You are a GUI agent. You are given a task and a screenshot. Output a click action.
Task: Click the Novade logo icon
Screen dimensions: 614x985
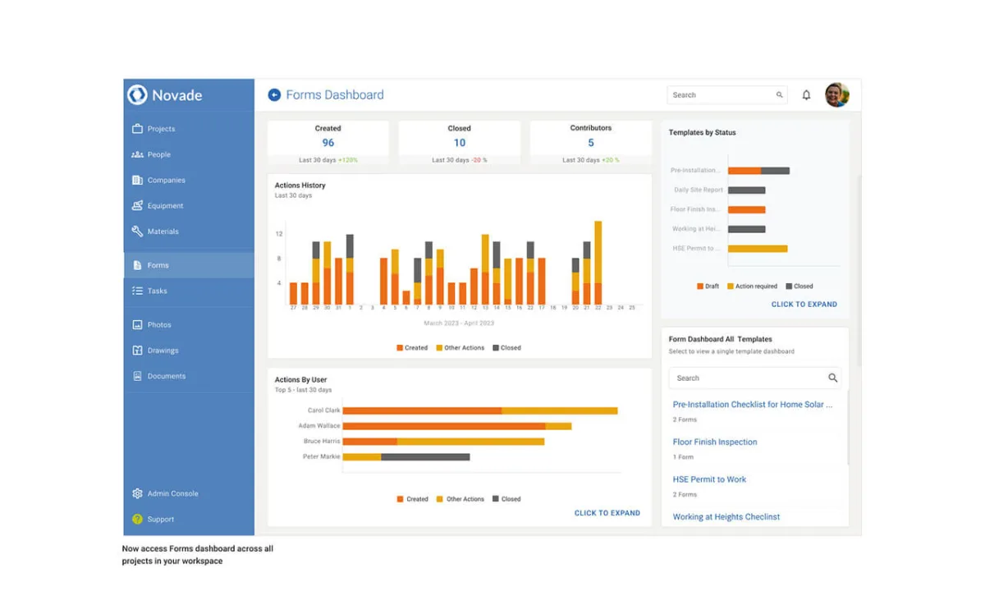tap(137, 94)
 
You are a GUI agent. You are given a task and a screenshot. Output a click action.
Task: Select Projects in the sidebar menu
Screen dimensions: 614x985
tap(161, 129)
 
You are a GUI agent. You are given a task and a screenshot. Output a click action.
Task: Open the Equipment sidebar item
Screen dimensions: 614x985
tap(165, 206)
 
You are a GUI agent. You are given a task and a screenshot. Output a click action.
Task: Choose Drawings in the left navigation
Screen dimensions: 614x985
tap(163, 351)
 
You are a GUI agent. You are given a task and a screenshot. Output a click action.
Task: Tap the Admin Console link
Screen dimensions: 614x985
tap(172, 493)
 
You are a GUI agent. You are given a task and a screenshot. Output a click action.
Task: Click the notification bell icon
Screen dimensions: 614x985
tap(806, 95)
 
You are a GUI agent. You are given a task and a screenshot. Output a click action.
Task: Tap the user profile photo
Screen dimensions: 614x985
tap(836, 95)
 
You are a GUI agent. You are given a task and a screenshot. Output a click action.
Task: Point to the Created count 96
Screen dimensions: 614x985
tap(328, 143)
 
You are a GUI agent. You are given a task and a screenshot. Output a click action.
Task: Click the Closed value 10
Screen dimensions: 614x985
tap(460, 143)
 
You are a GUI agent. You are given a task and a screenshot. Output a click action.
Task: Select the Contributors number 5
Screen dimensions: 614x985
tap(591, 143)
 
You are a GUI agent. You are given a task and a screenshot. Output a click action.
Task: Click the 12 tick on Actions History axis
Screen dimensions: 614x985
tap(279, 234)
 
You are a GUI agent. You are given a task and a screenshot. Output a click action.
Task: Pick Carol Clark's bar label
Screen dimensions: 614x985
tap(323, 410)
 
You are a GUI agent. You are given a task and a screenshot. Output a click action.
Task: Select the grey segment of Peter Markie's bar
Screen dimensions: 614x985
tap(425, 456)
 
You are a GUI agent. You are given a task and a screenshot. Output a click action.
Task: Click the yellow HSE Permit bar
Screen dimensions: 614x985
tap(758, 248)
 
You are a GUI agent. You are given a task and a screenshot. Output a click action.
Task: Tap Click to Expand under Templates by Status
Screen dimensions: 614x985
tap(804, 305)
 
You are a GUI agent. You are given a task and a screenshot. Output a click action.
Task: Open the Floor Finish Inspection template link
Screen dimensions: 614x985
tap(715, 442)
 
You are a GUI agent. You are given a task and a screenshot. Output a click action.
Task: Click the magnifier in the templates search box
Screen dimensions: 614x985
tap(832, 378)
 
